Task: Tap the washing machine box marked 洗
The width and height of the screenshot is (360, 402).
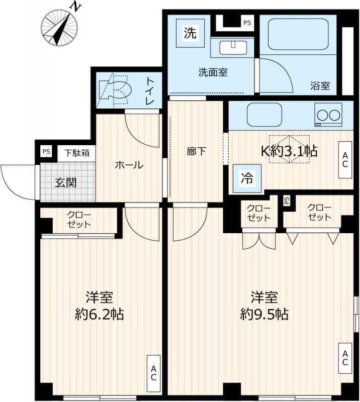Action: coord(190,34)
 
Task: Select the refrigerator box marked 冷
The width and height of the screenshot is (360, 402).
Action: coord(247,177)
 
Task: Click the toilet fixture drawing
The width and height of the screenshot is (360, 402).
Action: coord(115,90)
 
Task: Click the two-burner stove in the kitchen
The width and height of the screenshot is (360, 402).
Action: coord(328,115)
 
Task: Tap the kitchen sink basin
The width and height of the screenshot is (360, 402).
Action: coord(264,115)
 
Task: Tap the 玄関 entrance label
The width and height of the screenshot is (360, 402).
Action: coord(65,182)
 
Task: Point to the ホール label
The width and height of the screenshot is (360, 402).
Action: coord(129,165)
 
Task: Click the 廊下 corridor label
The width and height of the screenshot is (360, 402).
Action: coord(196,151)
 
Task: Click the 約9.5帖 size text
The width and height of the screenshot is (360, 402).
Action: coord(264,315)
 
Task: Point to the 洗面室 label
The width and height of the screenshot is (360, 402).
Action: coord(212,72)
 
